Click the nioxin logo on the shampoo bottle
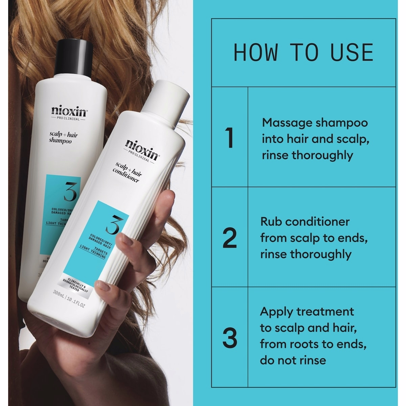pos(70,111)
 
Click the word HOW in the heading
pos(256,53)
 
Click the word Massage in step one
pos(287,122)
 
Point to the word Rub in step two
pos(271,222)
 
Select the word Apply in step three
pos(276,312)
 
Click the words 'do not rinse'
pos(293,360)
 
